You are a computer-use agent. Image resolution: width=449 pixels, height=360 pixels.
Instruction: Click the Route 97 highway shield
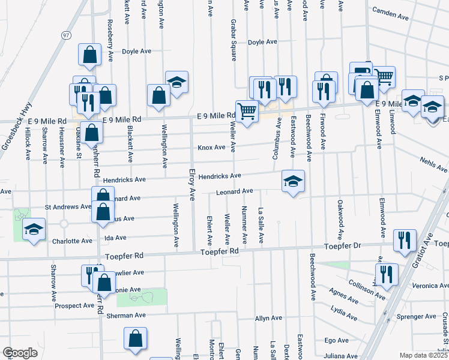pos(65,35)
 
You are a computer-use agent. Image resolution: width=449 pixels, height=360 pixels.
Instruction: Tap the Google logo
pos(20,353)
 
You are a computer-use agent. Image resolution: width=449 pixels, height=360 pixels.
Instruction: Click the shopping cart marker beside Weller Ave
pos(247,111)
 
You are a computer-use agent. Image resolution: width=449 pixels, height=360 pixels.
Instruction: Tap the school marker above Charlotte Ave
pos(34,229)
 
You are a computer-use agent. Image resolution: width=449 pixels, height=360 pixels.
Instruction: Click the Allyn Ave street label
pos(268,318)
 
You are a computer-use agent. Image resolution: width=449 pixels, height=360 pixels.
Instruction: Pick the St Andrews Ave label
pos(68,207)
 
